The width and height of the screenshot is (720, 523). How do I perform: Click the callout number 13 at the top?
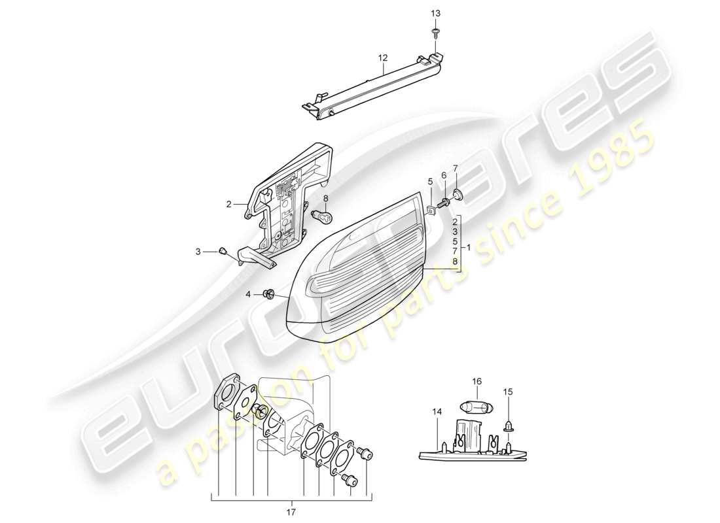click(436, 14)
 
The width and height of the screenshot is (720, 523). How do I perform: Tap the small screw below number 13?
click(436, 31)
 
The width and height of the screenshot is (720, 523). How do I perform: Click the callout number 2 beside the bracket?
click(229, 204)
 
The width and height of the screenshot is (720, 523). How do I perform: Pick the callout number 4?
click(248, 294)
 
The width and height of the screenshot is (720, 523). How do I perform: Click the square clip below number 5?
click(431, 211)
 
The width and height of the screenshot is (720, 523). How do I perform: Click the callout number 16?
click(477, 380)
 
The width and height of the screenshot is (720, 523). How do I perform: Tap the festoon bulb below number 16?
click(477, 405)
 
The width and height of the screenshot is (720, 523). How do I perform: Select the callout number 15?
click(508, 392)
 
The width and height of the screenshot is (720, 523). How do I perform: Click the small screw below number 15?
click(508, 426)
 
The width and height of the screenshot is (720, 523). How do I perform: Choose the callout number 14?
click(437, 412)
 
